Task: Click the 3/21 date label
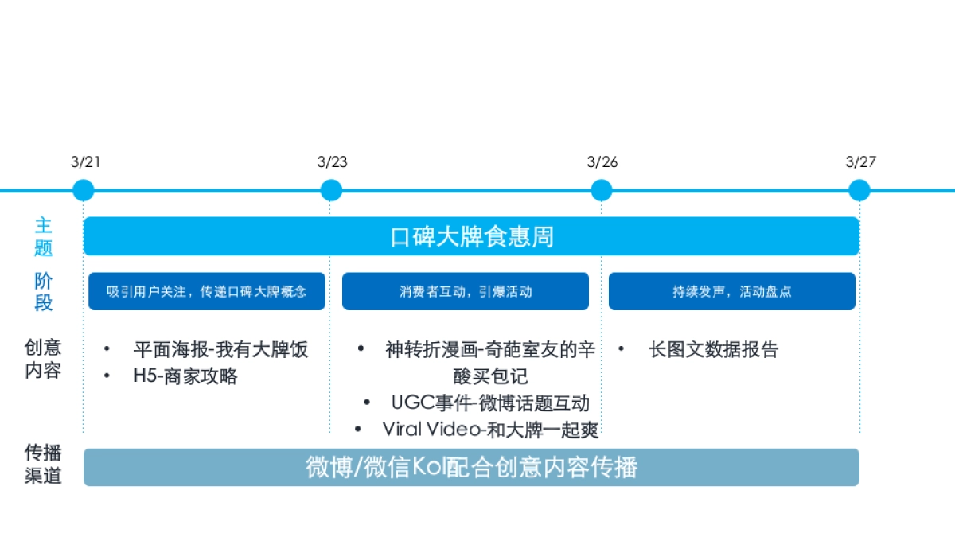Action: [x=85, y=162]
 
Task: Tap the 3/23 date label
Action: [x=332, y=162]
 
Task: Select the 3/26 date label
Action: [x=602, y=162]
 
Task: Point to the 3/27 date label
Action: [x=860, y=162]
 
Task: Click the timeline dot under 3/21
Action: [x=83, y=190]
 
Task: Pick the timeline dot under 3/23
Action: [x=331, y=190]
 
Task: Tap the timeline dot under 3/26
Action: [x=602, y=190]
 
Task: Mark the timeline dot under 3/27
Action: [x=859, y=190]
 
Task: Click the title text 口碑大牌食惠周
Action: [x=471, y=236]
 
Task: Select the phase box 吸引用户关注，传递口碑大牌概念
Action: [x=206, y=291]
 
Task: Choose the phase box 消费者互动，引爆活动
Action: [x=466, y=291]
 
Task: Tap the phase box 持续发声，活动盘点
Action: [x=731, y=291]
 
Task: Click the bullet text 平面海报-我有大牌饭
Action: [x=220, y=349]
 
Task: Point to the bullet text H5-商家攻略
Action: [x=185, y=376]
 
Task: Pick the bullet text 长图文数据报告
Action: [x=713, y=349]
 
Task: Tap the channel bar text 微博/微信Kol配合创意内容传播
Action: [x=471, y=467]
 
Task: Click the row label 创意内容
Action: [x=43, y=359]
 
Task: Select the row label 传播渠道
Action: [x=43, y=465]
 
